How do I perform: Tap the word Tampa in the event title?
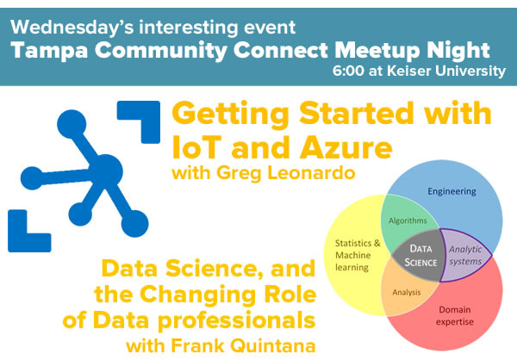coord(49,51)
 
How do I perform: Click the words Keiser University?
coord(446,71)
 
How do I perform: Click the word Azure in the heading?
coord(346,147)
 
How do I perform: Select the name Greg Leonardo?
coord(286,173)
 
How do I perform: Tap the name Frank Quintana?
coord(243,346)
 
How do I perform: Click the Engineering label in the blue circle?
coord(452,191)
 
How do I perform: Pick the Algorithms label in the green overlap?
coord(408,220)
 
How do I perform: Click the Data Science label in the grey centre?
coord(420,256)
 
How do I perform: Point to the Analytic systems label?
coord(465,256)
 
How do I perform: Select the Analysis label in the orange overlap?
coord(407,293)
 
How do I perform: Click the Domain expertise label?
coord(455,316)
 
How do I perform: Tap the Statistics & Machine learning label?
coord(358,255)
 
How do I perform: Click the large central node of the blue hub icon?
coord(105,171)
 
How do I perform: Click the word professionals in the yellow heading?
coord(236,320)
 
